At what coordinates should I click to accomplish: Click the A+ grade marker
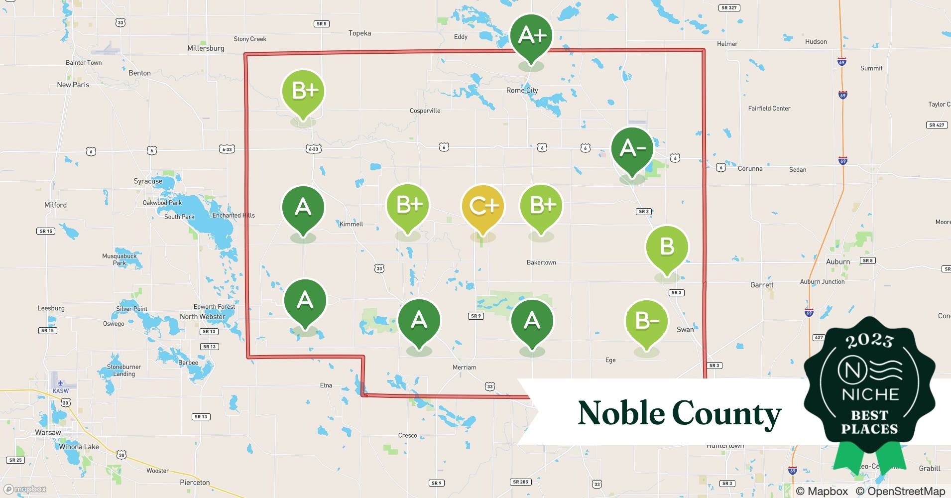(531, 36)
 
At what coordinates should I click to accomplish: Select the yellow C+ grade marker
(482, 206)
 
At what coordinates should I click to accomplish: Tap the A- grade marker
(632, 148)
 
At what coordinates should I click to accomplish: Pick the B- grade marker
(646, 321)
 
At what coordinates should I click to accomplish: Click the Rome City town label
(522, 90)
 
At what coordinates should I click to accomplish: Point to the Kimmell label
(351, 224)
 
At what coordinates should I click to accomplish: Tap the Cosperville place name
(425, 111)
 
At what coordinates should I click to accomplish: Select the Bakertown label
(541, 262)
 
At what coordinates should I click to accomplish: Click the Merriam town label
(464, 368)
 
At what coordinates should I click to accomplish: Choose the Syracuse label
(148, 181)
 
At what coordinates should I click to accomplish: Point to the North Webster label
(202, 317)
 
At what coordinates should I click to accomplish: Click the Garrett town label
(762, 285)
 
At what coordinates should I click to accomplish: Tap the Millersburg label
(206, 48)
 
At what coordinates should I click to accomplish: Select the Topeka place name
(359, 33)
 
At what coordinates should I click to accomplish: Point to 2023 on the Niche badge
(869, 341)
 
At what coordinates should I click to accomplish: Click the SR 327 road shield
(729, 8)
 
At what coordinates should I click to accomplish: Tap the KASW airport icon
(60, 383)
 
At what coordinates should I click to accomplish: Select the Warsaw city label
(48, 432)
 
